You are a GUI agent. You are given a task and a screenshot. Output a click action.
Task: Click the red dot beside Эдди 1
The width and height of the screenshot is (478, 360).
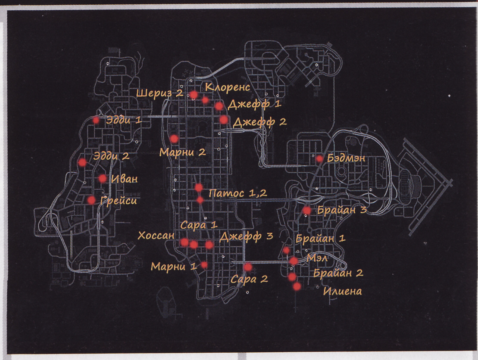point(96,121)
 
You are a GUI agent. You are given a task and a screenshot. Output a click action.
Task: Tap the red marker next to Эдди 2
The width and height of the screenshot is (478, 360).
point(82,162)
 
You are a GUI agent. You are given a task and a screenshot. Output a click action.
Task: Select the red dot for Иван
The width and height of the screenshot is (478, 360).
point(103,178)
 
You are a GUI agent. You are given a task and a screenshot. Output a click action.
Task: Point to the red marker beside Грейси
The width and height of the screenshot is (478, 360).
point(91,200)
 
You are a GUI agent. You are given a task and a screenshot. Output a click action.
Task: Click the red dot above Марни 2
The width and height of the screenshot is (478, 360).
point(174,139)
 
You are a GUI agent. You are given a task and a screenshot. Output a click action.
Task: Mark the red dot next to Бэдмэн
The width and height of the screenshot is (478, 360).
point(319,158)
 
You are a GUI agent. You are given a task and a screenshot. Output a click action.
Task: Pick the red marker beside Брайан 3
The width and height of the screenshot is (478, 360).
point(306,210)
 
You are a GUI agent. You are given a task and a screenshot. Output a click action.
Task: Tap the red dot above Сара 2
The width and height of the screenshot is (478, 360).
point(248,267)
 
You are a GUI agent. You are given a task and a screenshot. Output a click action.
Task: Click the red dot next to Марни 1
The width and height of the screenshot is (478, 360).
point(204,265)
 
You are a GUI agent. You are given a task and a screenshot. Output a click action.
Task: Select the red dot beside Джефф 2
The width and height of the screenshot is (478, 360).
point(223,120)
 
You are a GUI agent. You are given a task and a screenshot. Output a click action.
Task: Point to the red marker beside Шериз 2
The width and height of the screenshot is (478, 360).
point(194,94)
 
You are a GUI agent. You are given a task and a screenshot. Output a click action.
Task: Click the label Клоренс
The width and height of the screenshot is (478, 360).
point(227,87)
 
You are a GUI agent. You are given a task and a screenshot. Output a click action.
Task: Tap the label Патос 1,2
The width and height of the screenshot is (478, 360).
point(237,193)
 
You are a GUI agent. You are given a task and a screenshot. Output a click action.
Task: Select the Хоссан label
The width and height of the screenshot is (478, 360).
point(156,236)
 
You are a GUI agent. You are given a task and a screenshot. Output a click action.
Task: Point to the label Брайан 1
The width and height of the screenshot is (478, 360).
point(321,239)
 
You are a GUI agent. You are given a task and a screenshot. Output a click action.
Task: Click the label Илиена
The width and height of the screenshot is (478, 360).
point(342,292)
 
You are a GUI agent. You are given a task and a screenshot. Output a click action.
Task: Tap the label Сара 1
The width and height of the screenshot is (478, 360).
point(199,225)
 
